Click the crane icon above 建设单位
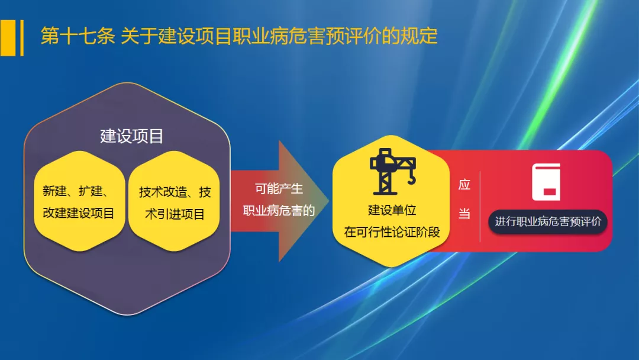click(393, 171)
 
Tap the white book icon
click(546, 182)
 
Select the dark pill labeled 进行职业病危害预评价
click(548, 222)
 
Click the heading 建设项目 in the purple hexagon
click(131, 136)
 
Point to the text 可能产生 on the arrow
click(279, 189)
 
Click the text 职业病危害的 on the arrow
click(279, 211)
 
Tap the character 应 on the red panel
click(464, 185)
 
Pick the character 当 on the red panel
click(464, 213)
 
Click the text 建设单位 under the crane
click(392, 210)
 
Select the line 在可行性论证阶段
click(392, 232)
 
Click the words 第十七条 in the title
click(78, 36)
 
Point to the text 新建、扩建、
click(76, 191)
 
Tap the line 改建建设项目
click(78, 213)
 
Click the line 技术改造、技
click(175, 192)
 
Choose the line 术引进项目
click(175, 214)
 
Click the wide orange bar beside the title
click(8, 38)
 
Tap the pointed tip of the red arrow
click(328, 201)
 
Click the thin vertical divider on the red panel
click(480, 207)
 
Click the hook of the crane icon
click(412, 179)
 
